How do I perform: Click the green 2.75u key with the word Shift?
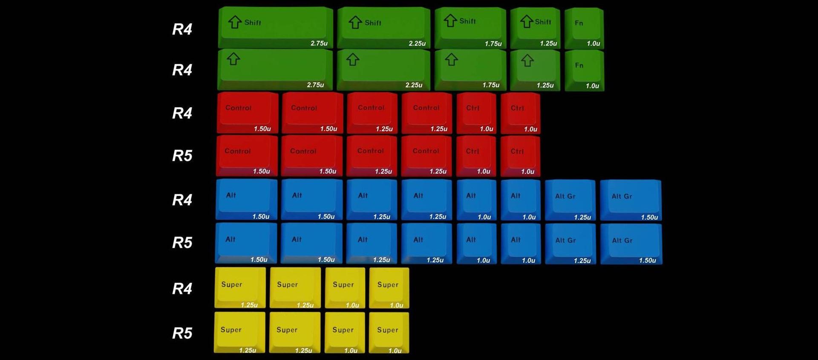(275, 26)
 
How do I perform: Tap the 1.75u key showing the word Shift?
(470, 26)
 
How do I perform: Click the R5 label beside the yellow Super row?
(182, 333)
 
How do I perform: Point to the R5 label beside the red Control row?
(182, 156)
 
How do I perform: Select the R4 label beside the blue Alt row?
(182, 199)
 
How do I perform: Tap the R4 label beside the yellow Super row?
(182, 288)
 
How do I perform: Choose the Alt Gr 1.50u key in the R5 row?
(631, 243)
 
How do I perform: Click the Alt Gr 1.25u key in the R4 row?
(570, 199)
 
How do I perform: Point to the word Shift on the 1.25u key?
(543, 22)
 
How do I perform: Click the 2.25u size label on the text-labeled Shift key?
(417, 43)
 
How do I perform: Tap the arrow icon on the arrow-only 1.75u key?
(452, 60)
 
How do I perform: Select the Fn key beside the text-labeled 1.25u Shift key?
(584, 27)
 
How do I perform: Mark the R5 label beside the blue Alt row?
(182, 242)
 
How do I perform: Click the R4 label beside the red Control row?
(182, 113)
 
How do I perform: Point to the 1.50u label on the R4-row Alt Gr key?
(649, 217)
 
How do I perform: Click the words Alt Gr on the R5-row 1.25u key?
(565, 240)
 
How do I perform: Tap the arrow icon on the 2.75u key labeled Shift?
(235, 22)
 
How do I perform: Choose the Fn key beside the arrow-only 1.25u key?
(584, 70)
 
